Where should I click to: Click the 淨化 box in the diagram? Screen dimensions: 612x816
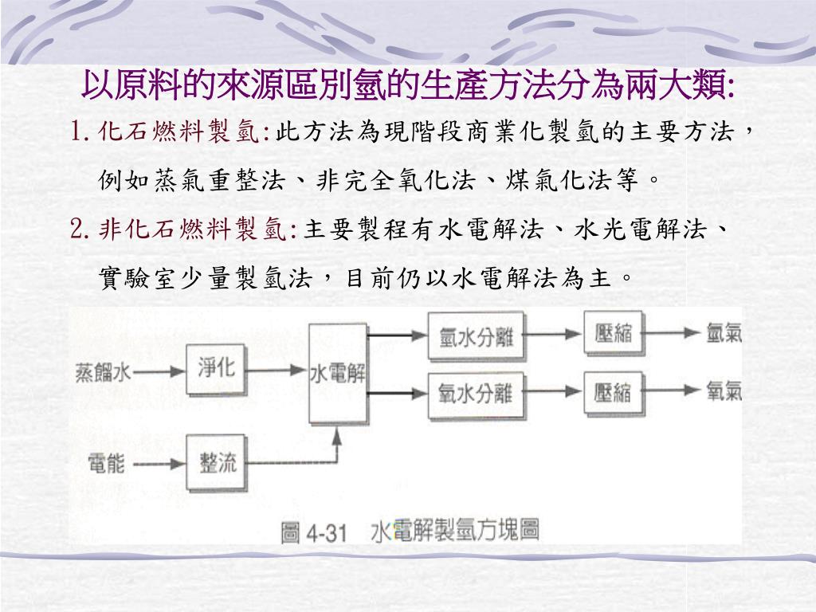pyautogui.click(x=217, y=368)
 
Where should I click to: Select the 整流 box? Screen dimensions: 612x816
pyautogui.click(x=217, y=463)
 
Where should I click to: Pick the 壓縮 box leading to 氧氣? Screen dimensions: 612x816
pyautogui.click(x=614, y=392)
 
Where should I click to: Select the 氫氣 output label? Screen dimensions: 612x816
pyautogui.click(x=724, y=334)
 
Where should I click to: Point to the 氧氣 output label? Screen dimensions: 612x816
pyautogui.click(x=724, y=392)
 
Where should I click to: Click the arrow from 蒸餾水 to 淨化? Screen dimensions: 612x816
pyautogui.click(x=159, y=371)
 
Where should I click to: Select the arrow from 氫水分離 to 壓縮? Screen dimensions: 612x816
pyautogui.click(x=553, y=335)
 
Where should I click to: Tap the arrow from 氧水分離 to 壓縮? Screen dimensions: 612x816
pyautogui.click(x=553, y=392)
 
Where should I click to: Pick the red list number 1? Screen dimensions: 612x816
pyautogui.click(x=77, y=131)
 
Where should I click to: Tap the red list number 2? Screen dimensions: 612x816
pyautogui.click(x=78, y=231)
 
